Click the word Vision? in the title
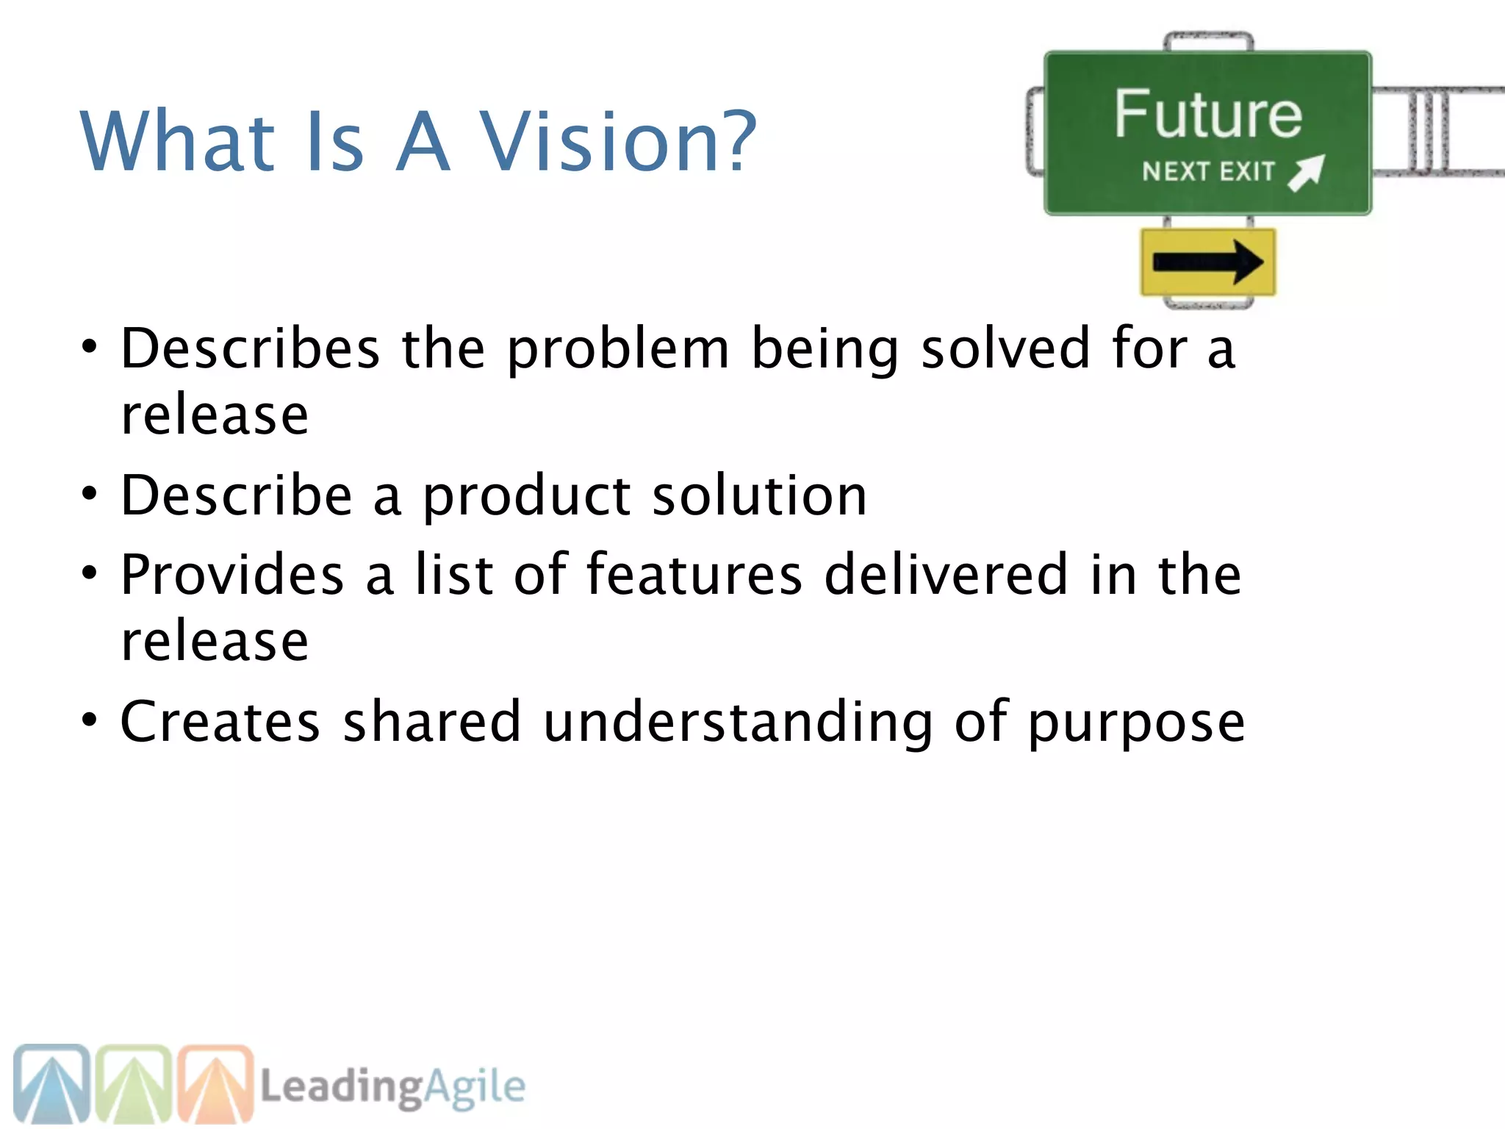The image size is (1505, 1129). (617, 141)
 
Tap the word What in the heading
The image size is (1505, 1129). (177, 141)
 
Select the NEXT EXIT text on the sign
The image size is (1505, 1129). (1208, 172)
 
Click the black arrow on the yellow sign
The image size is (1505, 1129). (1208, 262)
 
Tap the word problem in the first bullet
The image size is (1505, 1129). (618, 349)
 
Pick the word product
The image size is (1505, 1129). (526, 497)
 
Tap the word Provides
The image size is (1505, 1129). (232, 574)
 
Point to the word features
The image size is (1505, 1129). (694, 574)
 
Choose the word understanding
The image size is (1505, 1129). (738, 723)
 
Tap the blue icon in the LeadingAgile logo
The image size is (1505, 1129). (51, 1083)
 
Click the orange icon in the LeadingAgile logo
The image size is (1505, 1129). (216, 1083)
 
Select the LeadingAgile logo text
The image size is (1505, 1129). (393, 1086)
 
